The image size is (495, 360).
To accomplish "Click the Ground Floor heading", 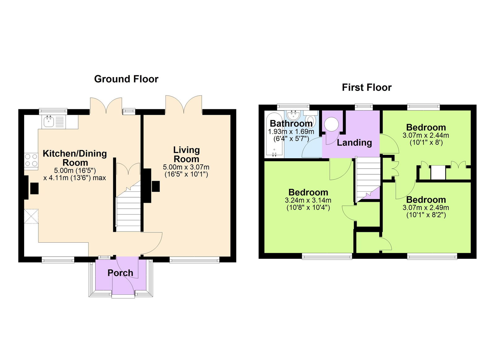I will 126,79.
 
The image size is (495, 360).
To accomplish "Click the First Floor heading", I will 367,87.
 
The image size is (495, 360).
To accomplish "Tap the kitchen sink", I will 49,122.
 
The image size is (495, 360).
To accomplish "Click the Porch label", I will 120,273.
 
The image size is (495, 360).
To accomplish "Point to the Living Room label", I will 186,154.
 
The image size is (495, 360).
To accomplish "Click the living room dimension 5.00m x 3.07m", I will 186,167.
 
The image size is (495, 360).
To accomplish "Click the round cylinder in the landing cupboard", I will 331,125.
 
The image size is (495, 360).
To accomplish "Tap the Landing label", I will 354,143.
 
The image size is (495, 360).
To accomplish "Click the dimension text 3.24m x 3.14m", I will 308,200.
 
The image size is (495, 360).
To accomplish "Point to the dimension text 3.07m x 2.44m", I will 426,135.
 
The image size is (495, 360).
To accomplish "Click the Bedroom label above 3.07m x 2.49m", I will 426,200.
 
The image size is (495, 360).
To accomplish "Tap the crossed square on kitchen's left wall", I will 31,216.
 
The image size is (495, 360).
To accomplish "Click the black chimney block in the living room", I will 156,186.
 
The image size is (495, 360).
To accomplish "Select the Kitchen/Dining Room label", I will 75,158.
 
